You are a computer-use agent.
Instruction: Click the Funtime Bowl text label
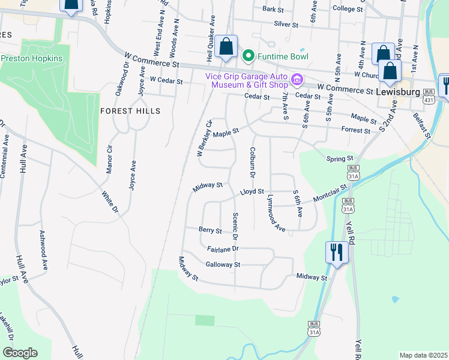283,56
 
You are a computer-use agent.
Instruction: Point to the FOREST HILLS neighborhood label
130,111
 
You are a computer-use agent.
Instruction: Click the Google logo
20,353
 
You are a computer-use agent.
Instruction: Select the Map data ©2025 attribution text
423,355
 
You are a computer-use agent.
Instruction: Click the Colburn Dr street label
253,162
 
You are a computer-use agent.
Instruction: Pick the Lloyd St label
252,192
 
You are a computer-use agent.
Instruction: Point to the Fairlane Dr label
223,248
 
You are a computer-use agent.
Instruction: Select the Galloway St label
223,264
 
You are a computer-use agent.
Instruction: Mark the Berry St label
210,230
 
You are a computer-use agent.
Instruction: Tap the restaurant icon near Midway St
337,251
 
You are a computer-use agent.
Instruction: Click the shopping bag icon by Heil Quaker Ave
226,47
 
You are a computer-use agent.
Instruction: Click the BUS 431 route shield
428,95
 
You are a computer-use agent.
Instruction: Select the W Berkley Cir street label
205,139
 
